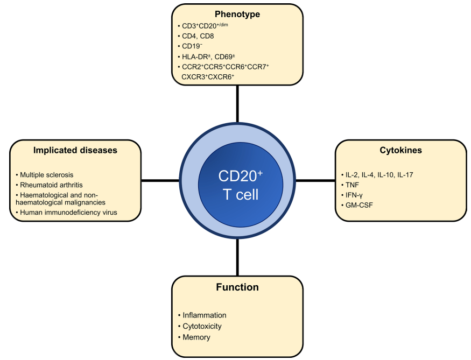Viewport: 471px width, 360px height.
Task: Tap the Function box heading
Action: tap(237, 287)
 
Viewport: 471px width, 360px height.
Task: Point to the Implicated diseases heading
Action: tap(75, 151)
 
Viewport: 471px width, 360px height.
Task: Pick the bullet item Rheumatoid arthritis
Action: tap(48, 185)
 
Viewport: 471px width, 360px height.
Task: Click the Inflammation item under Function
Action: tap(205, 315)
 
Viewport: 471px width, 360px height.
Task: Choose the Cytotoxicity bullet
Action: tap(202, 326)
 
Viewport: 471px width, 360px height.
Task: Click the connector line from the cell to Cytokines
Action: tap(315, 180)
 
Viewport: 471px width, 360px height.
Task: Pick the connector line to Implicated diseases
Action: tap(160, 180)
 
